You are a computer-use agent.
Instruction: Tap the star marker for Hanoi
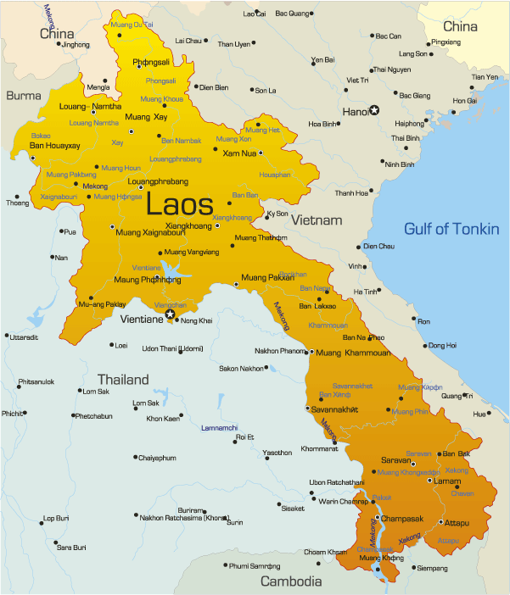click(374, 110)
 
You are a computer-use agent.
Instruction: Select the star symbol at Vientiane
click(170, 314)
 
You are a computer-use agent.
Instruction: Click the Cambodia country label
click(291, 581)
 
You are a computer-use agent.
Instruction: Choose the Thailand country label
click(122, 379)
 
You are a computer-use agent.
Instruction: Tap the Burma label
click(23, 96)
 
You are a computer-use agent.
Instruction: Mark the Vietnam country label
click(317, 220)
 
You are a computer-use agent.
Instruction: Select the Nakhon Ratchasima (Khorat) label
click(184, 517)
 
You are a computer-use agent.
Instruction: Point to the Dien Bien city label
click(212, 86)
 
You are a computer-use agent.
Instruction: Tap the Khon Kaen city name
click(163, 419)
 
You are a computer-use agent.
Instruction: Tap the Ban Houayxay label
click(54, 146)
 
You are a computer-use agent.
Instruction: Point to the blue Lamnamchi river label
click(219, 428)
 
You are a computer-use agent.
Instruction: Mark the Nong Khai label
click(197, 321)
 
